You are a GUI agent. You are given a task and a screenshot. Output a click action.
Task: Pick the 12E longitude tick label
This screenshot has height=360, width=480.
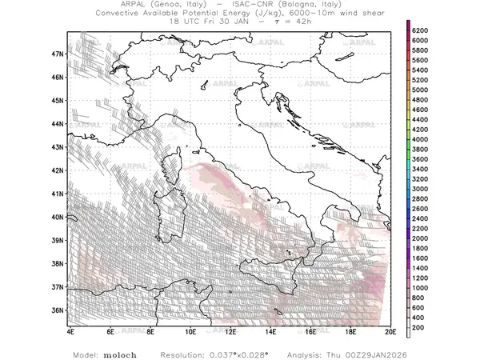(x=230, y=331)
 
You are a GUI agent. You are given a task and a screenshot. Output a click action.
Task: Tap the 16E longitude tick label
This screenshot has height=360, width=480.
(x=310, y=331)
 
